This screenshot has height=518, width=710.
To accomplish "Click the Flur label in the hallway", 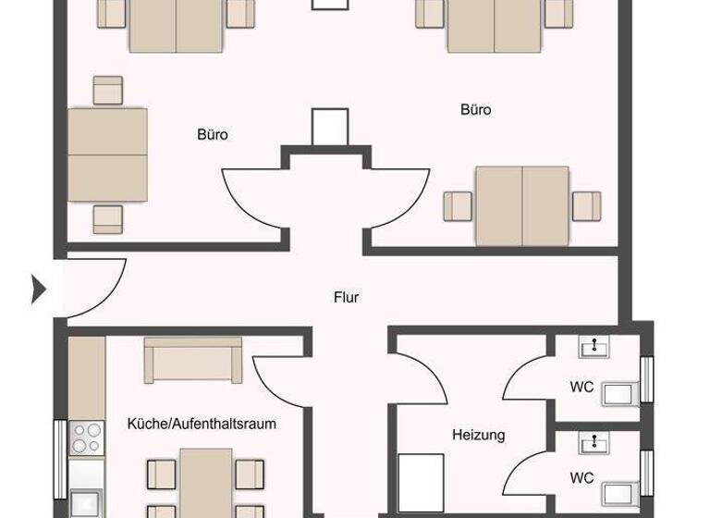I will click(346, 298).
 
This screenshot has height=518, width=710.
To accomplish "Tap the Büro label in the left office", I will click(212, 135).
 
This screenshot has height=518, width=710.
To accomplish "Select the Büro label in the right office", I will click(475, 110).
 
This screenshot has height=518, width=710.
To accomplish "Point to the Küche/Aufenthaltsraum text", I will click(202, 424).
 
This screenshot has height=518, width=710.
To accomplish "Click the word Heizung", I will click(478, 434).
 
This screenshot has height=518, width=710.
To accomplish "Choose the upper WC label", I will click(582, 387).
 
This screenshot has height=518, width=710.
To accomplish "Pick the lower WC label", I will click(581, 478).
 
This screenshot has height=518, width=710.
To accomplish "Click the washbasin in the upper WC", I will click(593, 347).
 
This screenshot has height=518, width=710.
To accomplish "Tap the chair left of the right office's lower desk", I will click(458, 205).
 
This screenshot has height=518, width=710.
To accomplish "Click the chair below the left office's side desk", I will click(108, 218).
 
